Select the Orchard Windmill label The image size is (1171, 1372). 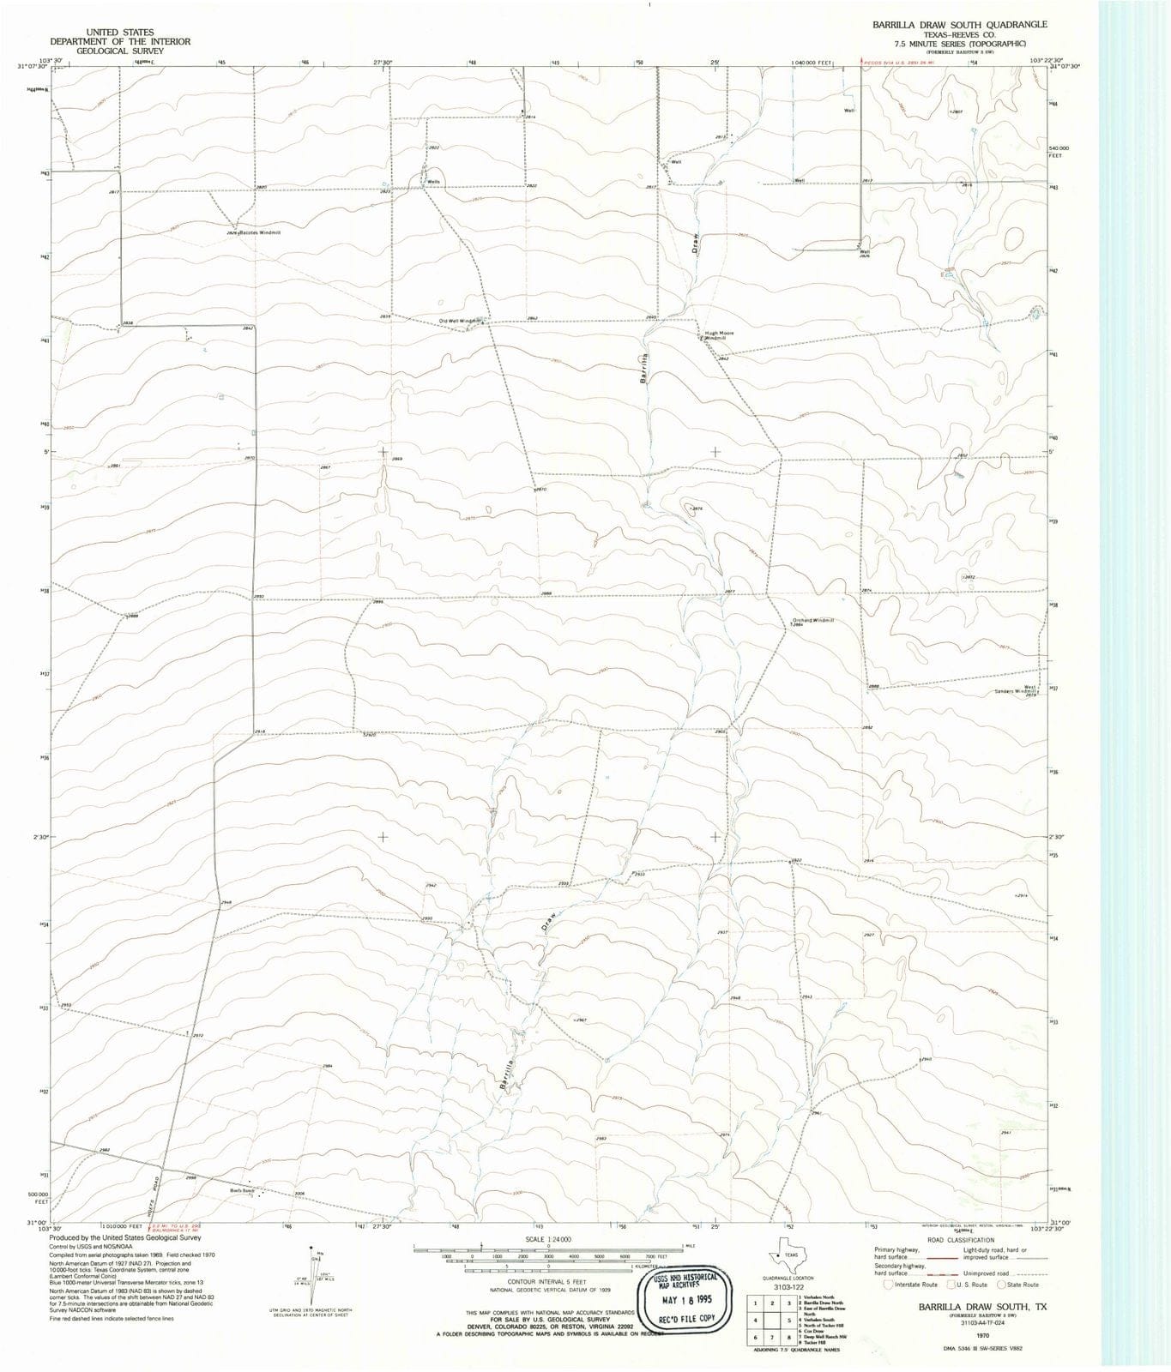click(812, 620)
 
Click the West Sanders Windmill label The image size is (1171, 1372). click(1017, 689)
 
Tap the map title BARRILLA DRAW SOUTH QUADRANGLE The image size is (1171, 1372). click(959, 25)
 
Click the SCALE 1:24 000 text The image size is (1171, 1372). click(547, 1240)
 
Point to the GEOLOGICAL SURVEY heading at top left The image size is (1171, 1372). click(119, 51)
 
